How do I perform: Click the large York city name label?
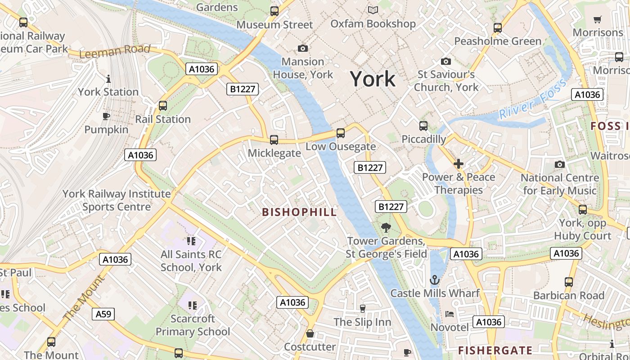373,79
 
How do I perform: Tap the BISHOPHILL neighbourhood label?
299,212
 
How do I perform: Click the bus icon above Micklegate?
274,140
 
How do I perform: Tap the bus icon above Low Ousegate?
341,133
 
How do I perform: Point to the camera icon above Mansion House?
303,48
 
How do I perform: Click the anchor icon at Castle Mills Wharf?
434,280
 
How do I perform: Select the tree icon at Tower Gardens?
386,228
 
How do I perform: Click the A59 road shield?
103,314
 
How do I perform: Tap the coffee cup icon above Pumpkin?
106,117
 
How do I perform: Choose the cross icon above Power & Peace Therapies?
459,164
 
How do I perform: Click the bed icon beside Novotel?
449,314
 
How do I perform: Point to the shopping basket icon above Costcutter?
310,334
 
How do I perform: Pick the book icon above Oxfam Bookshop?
373,10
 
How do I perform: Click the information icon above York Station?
108,79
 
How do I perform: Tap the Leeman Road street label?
114,51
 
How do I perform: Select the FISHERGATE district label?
495,350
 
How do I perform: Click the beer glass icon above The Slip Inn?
362,309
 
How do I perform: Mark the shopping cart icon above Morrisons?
598,19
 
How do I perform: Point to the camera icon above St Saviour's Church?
446,61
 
